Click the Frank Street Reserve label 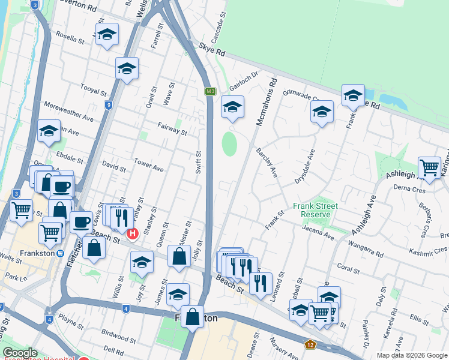click(x=316, y=210)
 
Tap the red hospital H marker click(x=133, y=234)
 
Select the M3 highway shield click(x=209, y=91)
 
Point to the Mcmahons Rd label click(x=267, y=101)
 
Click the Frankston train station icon click(x=61, y=253)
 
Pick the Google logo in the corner click(x=20, y=353)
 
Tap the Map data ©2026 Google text click(x=412, y=355)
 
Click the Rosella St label click(x=70, y=40)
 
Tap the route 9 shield click(x=108, y=106)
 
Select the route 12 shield click(x=310, y=344)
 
